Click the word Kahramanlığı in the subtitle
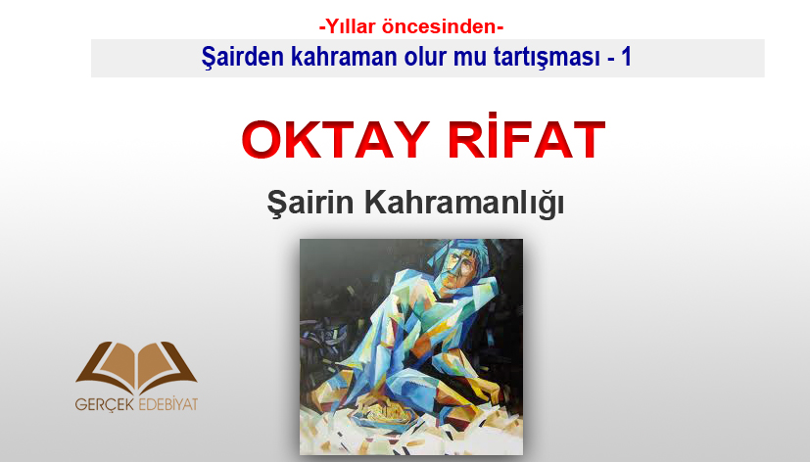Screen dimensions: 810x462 tap(464, 203)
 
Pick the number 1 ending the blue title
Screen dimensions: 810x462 tap(626, 56)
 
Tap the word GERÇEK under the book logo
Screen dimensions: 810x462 tap(104, 403)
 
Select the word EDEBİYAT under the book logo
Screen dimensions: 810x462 tap(167, 403)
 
